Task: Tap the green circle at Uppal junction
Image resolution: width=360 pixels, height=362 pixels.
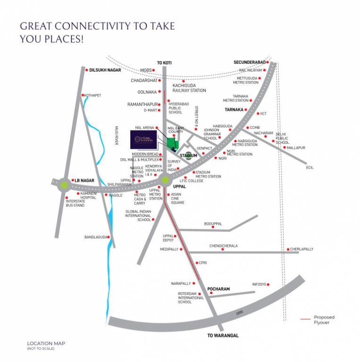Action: (165, 180)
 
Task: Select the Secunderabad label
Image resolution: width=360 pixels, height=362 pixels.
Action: (250, 62)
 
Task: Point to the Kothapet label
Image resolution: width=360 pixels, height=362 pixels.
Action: (92, 95)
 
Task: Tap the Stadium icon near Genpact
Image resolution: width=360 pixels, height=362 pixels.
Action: (188, 155)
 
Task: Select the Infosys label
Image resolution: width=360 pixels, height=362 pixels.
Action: (259, 285)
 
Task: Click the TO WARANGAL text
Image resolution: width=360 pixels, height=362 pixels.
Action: (223, 336)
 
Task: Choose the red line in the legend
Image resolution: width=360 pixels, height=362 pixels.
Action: (305, 320)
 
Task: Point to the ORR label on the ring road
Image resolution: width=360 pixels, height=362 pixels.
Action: (239, 313)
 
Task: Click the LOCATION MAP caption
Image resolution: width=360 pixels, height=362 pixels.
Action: (46, 343)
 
